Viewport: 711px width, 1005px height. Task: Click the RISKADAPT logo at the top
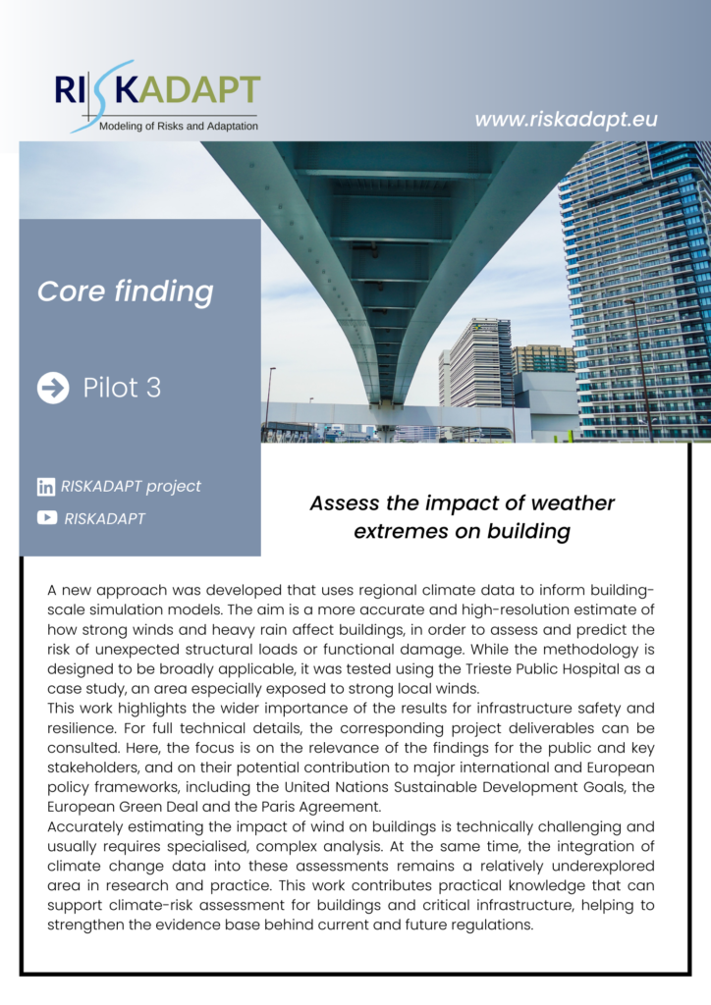tap(157, 90)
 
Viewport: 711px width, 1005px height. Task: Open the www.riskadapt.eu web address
tap(566, 120)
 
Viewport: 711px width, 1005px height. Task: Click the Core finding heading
tap(125, 291)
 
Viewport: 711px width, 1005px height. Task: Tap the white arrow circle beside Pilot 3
tap(53, 388)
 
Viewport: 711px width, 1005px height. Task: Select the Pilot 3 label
tap(122, 388)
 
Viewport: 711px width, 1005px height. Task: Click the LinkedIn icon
tap(46, 487)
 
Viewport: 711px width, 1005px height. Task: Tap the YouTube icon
tap(46, 518)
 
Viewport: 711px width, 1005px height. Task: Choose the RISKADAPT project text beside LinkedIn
tap(131, 487)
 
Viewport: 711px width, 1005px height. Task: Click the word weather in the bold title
tap(568, 504)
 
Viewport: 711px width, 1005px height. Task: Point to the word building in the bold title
tap(524, 532)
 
